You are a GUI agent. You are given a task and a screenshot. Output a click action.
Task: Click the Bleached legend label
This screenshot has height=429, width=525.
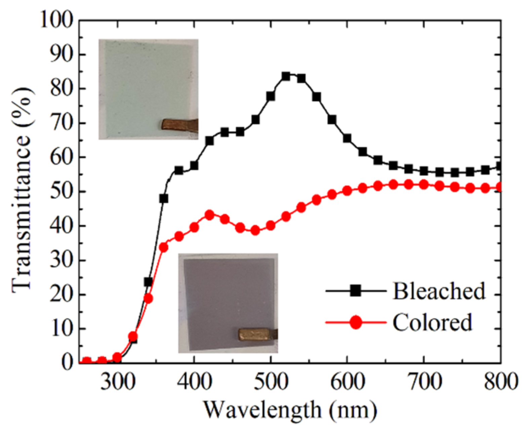click(439, 291)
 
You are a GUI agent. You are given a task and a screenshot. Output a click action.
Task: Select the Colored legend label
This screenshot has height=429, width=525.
click(432, 322)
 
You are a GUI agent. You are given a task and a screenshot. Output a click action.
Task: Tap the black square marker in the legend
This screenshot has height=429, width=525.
click(355, 290)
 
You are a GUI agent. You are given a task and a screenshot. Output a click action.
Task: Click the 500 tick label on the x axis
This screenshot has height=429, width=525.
click(271, 383)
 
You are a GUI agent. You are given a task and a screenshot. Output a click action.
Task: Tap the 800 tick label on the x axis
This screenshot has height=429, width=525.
click(500, 383)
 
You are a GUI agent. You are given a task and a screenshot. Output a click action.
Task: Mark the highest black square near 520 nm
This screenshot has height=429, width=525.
click(286, 76)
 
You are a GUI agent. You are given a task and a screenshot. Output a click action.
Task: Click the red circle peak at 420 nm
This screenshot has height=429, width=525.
click(209, 215)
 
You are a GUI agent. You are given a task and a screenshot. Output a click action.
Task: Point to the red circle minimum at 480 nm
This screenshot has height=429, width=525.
click(255, 230)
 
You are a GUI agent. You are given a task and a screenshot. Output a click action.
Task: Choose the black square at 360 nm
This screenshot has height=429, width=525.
click(163, 198)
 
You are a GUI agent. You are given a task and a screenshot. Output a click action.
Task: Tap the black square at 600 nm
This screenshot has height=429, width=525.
click(347, 139)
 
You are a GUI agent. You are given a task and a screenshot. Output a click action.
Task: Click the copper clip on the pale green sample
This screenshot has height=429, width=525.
click(179, 124)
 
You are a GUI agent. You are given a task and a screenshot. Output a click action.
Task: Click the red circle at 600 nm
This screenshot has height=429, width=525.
click(347, 191)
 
